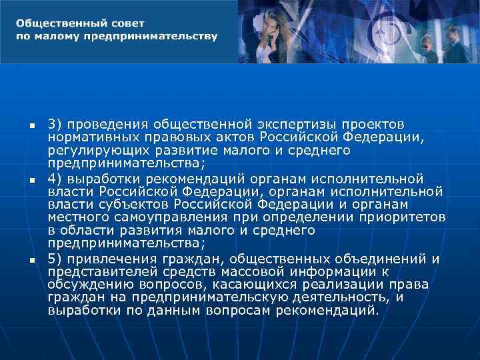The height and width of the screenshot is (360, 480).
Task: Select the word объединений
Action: coord(387,259)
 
